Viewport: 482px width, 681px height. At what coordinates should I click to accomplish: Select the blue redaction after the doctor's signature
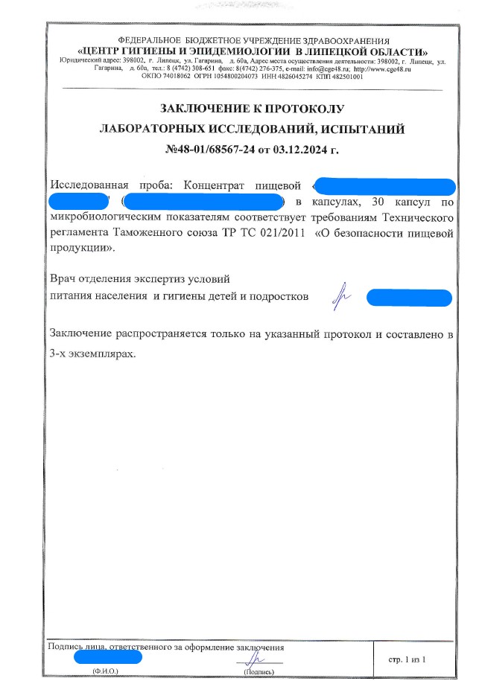point(410,298)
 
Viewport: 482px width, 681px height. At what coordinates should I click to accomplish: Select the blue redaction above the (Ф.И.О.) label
point(107,657)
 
